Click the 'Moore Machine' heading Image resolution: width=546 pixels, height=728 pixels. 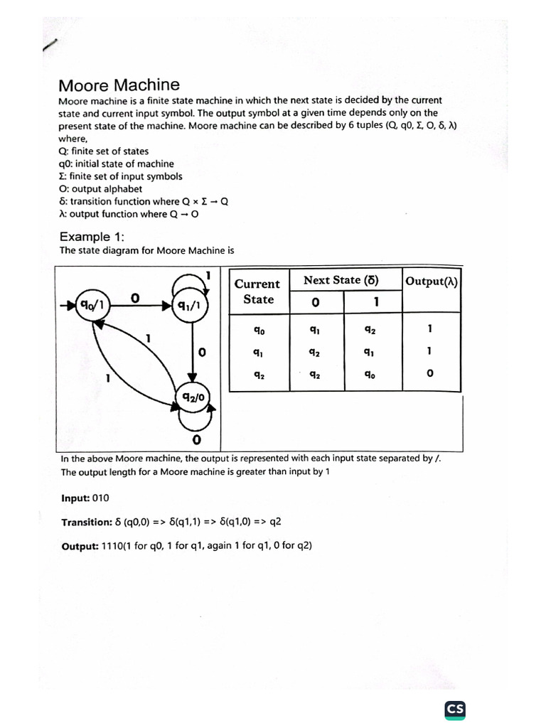[119, 85]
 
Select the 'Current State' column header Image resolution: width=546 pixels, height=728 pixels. [258, 291]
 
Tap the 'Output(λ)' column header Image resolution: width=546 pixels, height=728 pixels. [431, 281]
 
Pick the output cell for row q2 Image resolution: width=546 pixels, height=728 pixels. [430, 373]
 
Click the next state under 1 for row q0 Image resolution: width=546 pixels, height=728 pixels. [370, 330]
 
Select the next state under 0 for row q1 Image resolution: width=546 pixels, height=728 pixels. [314, 351]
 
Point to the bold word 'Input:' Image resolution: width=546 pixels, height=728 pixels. [75, 498]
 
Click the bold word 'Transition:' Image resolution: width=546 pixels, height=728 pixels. [85, 522]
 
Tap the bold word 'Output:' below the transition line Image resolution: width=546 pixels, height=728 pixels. [78, 545]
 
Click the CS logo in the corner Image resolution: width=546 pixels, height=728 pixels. [455, 709]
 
